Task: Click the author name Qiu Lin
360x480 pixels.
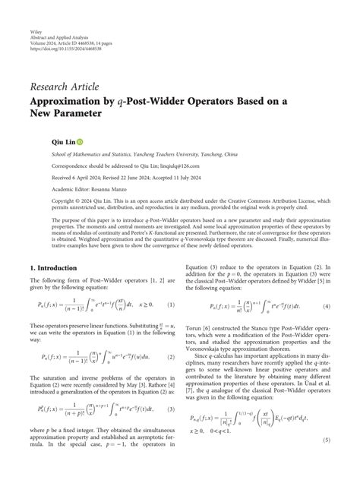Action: [60, 141]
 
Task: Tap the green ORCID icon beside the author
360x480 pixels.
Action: [79, 141]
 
